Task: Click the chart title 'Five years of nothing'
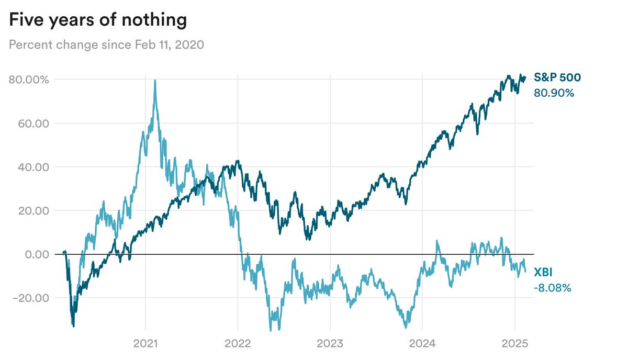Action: coord(98,20)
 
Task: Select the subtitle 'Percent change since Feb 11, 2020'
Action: coord(106,44)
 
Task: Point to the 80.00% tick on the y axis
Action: coord(29,80)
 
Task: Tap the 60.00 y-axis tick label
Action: coord(34,123)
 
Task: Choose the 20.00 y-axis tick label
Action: coord(34,211)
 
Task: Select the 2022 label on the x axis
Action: coord(238,345)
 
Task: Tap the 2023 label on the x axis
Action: coord(330,345)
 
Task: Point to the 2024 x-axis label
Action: coord(422,345)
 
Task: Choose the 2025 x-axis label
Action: coord(514,345)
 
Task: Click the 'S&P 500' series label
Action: coord(557,77)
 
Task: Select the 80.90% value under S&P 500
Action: coord(554,93)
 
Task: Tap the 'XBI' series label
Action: coord(544,272)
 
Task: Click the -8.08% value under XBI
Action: coord(552,288)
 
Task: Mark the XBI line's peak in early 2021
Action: coord(154,81)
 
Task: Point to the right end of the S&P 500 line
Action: coord(525,77)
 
